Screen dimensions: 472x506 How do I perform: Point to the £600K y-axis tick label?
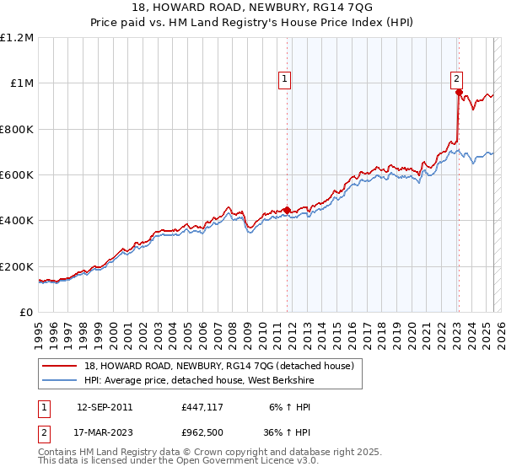(x=16, y=175)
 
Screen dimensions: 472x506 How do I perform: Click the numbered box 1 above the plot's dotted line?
(x=285, y=79)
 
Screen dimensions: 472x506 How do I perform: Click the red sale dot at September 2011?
(x=287, y=210)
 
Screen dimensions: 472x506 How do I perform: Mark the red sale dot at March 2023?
(x=459, y=93)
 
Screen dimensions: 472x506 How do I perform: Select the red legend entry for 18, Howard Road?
(x=223, y=366)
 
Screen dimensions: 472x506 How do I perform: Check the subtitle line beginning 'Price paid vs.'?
(x=253, y=23)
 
